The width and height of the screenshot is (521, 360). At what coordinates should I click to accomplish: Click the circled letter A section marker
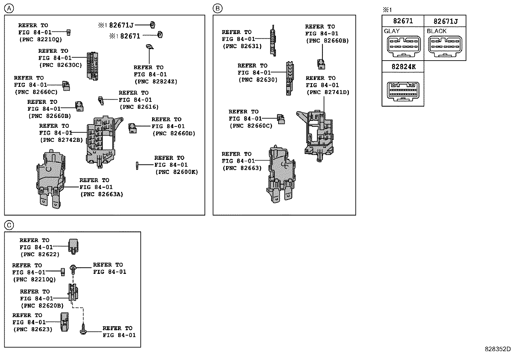(x=9, y=9)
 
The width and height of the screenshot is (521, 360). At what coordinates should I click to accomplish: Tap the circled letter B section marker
(x=218, y=9)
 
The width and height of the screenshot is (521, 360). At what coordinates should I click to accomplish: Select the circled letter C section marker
(x=9, y=225)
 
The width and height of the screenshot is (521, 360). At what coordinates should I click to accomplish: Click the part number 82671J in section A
(x=121, y=25)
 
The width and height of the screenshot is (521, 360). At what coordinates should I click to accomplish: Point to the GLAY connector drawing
(x=403, y=46)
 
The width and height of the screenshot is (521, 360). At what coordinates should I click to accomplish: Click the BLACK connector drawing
(x=445, y=46)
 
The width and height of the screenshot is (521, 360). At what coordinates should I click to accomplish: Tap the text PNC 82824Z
(x=156, y=82)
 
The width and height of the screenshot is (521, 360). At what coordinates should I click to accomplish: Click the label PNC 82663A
(x=101, y=194)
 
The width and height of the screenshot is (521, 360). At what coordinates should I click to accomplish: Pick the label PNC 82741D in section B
(x=328, y=92)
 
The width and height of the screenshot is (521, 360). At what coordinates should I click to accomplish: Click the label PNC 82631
(x=242, y=46)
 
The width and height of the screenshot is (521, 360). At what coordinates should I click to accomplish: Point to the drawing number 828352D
(x=497, y=349)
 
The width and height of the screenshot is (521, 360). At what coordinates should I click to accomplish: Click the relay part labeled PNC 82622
(x=74, y=246)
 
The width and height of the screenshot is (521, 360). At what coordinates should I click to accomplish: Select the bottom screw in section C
(x=83, y=329)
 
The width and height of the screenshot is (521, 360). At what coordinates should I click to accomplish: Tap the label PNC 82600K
(x=177, y=172)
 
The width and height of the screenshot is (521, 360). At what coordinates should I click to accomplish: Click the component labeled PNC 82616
(x=101, y=100)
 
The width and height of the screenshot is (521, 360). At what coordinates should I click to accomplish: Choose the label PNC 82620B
(x=42, y=306)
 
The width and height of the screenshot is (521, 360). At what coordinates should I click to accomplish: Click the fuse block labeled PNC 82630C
(x=93, y=66)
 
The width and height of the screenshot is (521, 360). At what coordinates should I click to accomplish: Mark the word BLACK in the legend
(x=437, y=31)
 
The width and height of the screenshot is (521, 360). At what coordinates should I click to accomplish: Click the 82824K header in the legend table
(x=403, y=67)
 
